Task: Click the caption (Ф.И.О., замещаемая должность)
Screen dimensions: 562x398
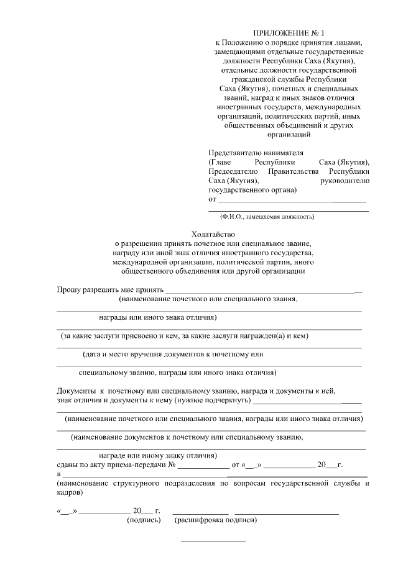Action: tap(267, 217)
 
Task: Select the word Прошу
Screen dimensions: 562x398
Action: tap(68, 289)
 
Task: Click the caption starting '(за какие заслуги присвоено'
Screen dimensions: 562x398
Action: tap(185, 336)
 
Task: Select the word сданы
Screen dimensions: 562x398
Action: tap(68, 465)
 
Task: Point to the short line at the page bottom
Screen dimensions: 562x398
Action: tap(213, 542)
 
